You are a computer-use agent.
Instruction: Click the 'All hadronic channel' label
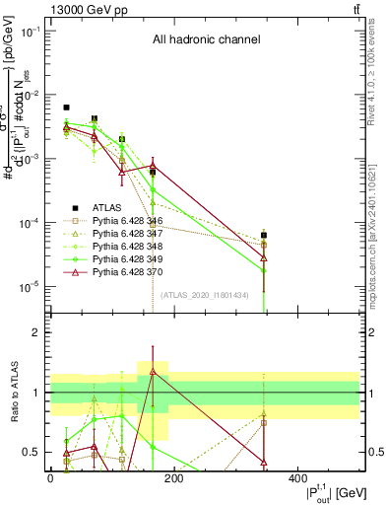click(x=206, y=40)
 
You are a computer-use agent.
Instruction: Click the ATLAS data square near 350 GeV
click(x=264, y=236)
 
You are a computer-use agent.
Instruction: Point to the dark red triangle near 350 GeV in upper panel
click(x=264, y=258)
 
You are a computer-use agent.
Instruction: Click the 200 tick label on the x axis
click(x=173, y=478)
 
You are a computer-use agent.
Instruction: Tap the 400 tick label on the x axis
click(x=296, y=478)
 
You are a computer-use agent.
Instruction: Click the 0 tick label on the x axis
click(x=50, y=478)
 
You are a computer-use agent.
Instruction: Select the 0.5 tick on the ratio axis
click(x=31, y=452)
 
